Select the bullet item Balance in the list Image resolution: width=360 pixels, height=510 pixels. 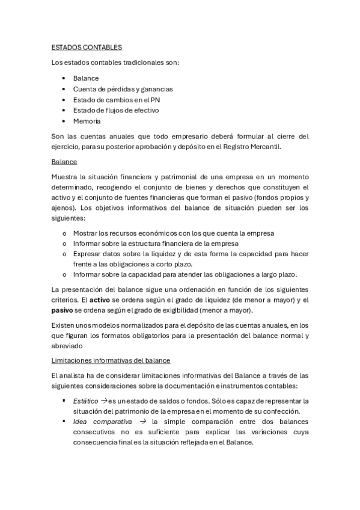point(86,78)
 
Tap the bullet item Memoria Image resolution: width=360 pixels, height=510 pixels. point(87,121)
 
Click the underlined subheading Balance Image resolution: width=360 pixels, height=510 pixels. point(64,162)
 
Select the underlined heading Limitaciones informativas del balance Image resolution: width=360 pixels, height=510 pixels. point(111,360)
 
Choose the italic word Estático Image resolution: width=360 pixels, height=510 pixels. point(85,400)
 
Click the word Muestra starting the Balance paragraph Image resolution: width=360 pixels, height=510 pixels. point(64,177)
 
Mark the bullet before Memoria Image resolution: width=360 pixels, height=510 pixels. point(64,121)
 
